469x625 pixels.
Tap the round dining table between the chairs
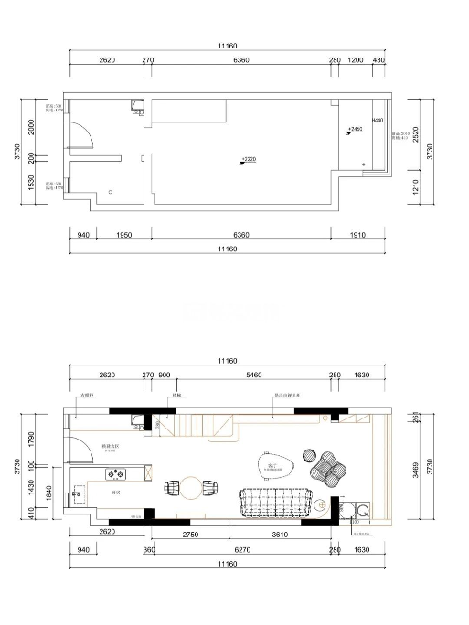coord(190,488)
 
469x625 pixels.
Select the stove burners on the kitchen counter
coord(117,473)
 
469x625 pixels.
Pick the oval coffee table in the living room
coord(273,467)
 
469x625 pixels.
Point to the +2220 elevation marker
coord(247,160)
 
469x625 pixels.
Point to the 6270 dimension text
coord(242,550)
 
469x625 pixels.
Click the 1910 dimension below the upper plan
coord(357,235)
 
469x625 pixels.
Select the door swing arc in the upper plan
coord(82,138)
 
